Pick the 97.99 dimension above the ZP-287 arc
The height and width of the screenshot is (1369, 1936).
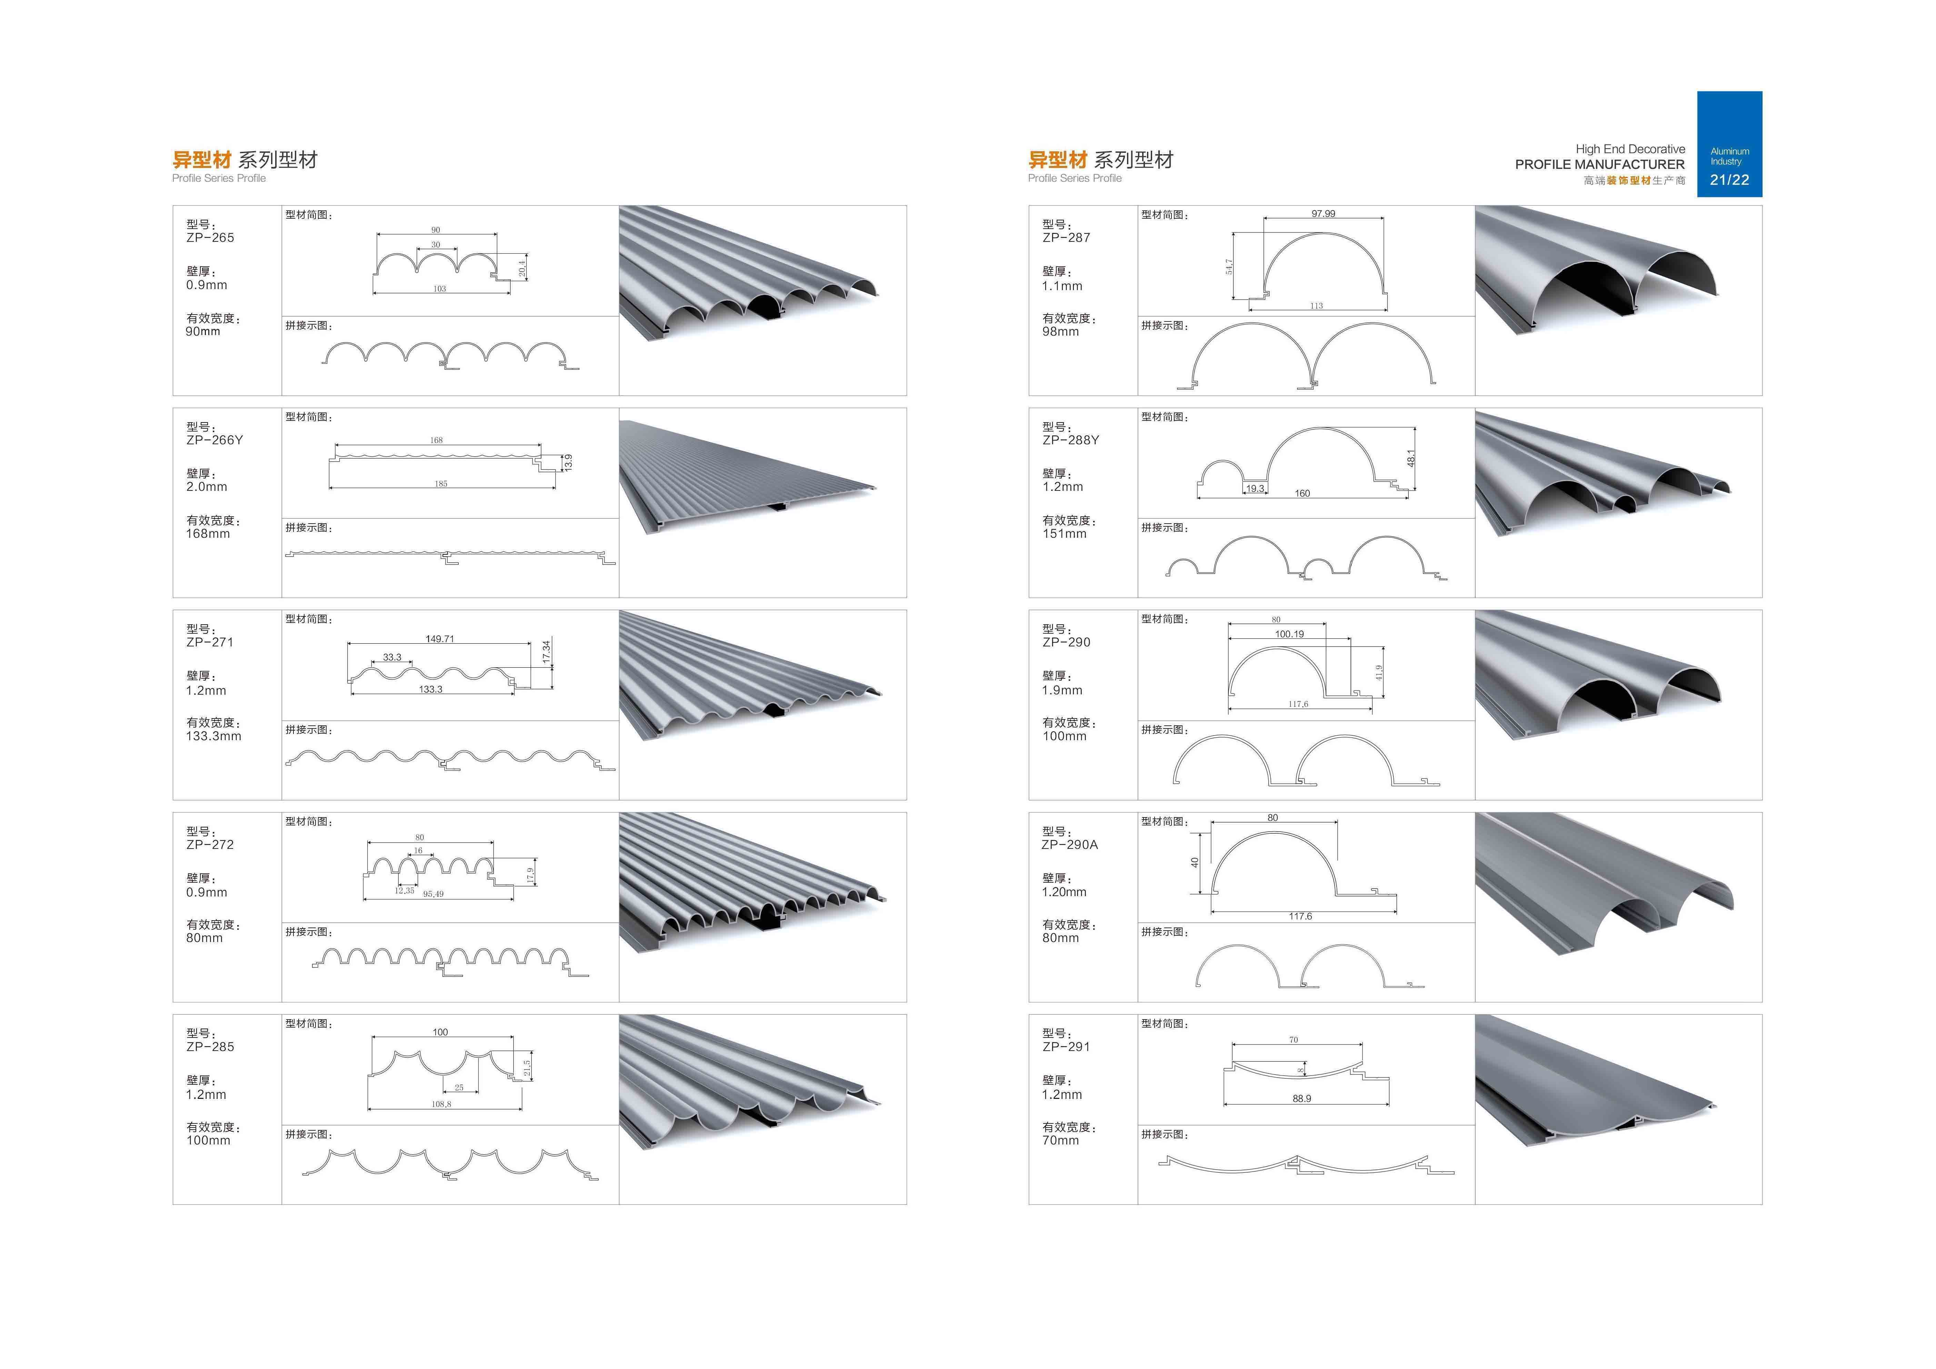tap(1323, 214)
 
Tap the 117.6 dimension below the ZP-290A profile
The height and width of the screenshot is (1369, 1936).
tap(1300, 916)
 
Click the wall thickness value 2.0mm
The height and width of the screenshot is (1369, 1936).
tap(207, 487)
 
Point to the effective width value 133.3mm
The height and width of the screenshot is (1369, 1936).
tap(213, 736)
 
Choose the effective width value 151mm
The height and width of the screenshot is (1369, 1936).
tap(1064, 534)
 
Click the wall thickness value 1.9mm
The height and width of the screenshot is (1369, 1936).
tap(1061, 690)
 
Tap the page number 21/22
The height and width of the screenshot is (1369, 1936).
tap(1729, 180)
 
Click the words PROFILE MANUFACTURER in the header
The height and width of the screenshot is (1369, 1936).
tap(1599, 165)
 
